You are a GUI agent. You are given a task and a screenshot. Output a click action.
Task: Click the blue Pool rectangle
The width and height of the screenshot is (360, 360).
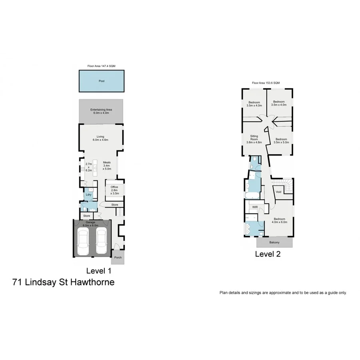coord(101,81)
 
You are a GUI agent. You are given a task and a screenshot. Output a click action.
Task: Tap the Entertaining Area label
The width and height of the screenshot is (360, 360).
coord(101,111)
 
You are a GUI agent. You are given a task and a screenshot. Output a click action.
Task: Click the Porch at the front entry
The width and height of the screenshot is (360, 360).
coord(118,257)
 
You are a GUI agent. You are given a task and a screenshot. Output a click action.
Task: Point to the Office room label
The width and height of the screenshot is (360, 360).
coord(115,190)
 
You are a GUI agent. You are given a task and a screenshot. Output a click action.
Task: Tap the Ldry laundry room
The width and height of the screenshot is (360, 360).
coord(89,195)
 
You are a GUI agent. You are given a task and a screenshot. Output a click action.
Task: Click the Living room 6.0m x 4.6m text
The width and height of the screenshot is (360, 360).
coord(100,138)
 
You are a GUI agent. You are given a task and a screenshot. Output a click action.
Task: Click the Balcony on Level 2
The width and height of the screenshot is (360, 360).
coord(274,243)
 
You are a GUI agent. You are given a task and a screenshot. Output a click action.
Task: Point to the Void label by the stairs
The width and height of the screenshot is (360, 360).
coord(279,192)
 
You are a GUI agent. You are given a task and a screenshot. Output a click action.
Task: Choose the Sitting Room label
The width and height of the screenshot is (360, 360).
coord(254,139)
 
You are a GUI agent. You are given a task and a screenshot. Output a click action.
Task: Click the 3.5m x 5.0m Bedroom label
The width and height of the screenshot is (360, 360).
coord(280,141)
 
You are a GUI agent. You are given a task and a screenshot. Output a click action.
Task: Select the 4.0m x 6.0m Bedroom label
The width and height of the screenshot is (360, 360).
coord(280,220)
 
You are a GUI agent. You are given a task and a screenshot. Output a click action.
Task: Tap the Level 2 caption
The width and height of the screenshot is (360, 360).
coord(268,254)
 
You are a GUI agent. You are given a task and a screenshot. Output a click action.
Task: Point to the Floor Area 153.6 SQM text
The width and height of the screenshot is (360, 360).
coord(266,83)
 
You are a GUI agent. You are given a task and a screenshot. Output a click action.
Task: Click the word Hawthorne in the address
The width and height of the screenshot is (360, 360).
coord(93,282)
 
